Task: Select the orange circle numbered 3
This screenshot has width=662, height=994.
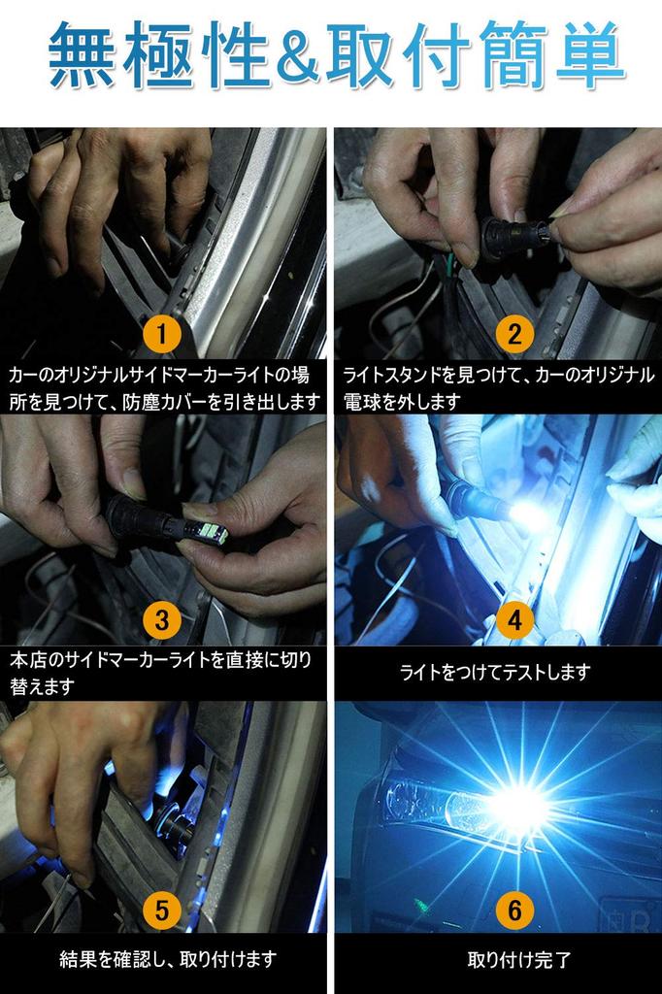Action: pos(162,619)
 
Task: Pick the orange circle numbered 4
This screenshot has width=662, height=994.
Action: pos(514,619)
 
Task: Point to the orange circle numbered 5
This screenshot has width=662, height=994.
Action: pos(162,911)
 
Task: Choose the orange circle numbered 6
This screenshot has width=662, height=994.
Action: pos(514,911)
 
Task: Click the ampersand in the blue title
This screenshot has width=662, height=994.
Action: pos(298,55)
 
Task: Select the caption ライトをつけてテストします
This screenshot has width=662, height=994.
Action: pos(495,672)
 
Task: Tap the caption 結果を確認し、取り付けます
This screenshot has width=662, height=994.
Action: pos(168,959)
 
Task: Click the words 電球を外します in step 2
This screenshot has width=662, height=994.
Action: pos(402,402)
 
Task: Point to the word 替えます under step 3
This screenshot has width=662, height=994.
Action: pos(42,686)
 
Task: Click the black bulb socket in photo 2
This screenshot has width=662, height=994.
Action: pos(508,240)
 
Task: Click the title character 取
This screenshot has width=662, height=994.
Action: pos(359,54)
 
